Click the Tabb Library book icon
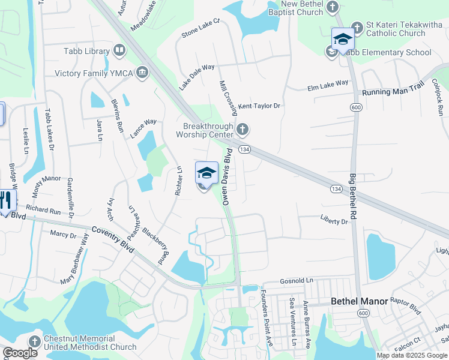click(119, 51)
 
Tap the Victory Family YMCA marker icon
click(142, 74)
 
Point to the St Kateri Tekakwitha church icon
click(357, 28)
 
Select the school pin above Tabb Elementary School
click(343, 40)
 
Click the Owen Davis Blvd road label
click(228, 178)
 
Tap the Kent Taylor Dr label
click(259, 106)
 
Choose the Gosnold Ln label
click(297, 281)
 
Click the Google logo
click(20, 353)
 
